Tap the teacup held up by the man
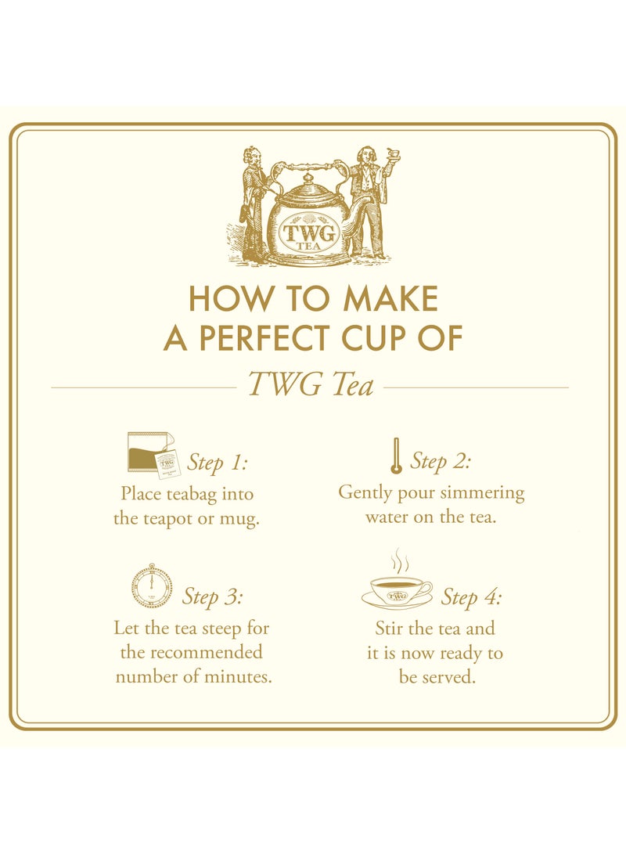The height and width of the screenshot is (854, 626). tap(394, 153)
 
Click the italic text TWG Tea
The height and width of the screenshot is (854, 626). tap(310, 385)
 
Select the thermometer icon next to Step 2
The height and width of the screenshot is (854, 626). tap(396, 456)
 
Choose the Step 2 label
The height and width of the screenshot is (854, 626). tap(441, 461)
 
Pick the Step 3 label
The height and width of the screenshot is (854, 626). tap(213, 596)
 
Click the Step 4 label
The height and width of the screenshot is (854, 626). tap(471, 597)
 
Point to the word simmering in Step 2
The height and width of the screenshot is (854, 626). tap(483, 493)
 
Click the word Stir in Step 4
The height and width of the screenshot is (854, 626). tap(390, 628)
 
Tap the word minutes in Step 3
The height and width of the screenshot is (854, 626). tap(238, 677)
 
